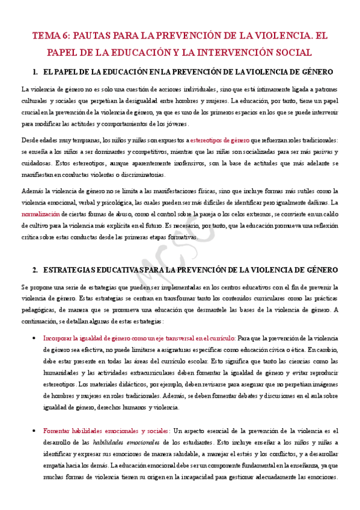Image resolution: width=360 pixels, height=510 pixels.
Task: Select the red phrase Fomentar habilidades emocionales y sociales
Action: click(x=106, y=431)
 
